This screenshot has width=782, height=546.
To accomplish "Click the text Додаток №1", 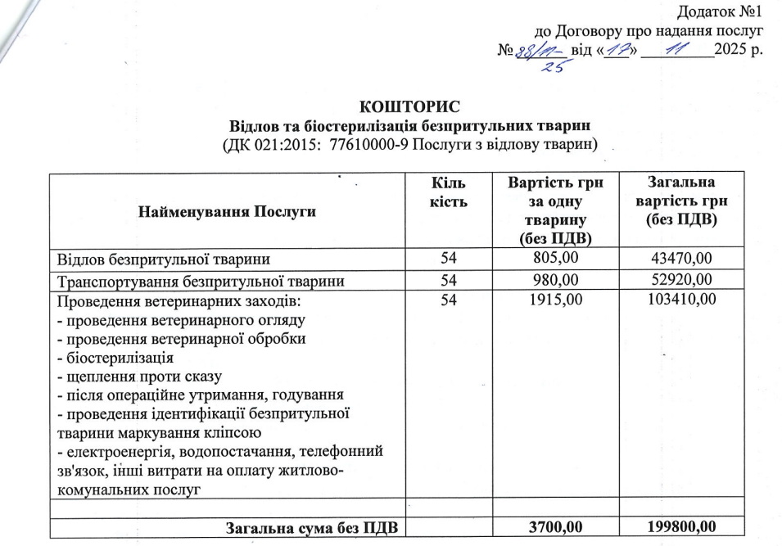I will [721, 12].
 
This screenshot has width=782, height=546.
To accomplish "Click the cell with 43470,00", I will [680, 259].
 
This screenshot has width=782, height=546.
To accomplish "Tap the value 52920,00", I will [680, 281].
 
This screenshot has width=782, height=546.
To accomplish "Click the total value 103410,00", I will [680, 300].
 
